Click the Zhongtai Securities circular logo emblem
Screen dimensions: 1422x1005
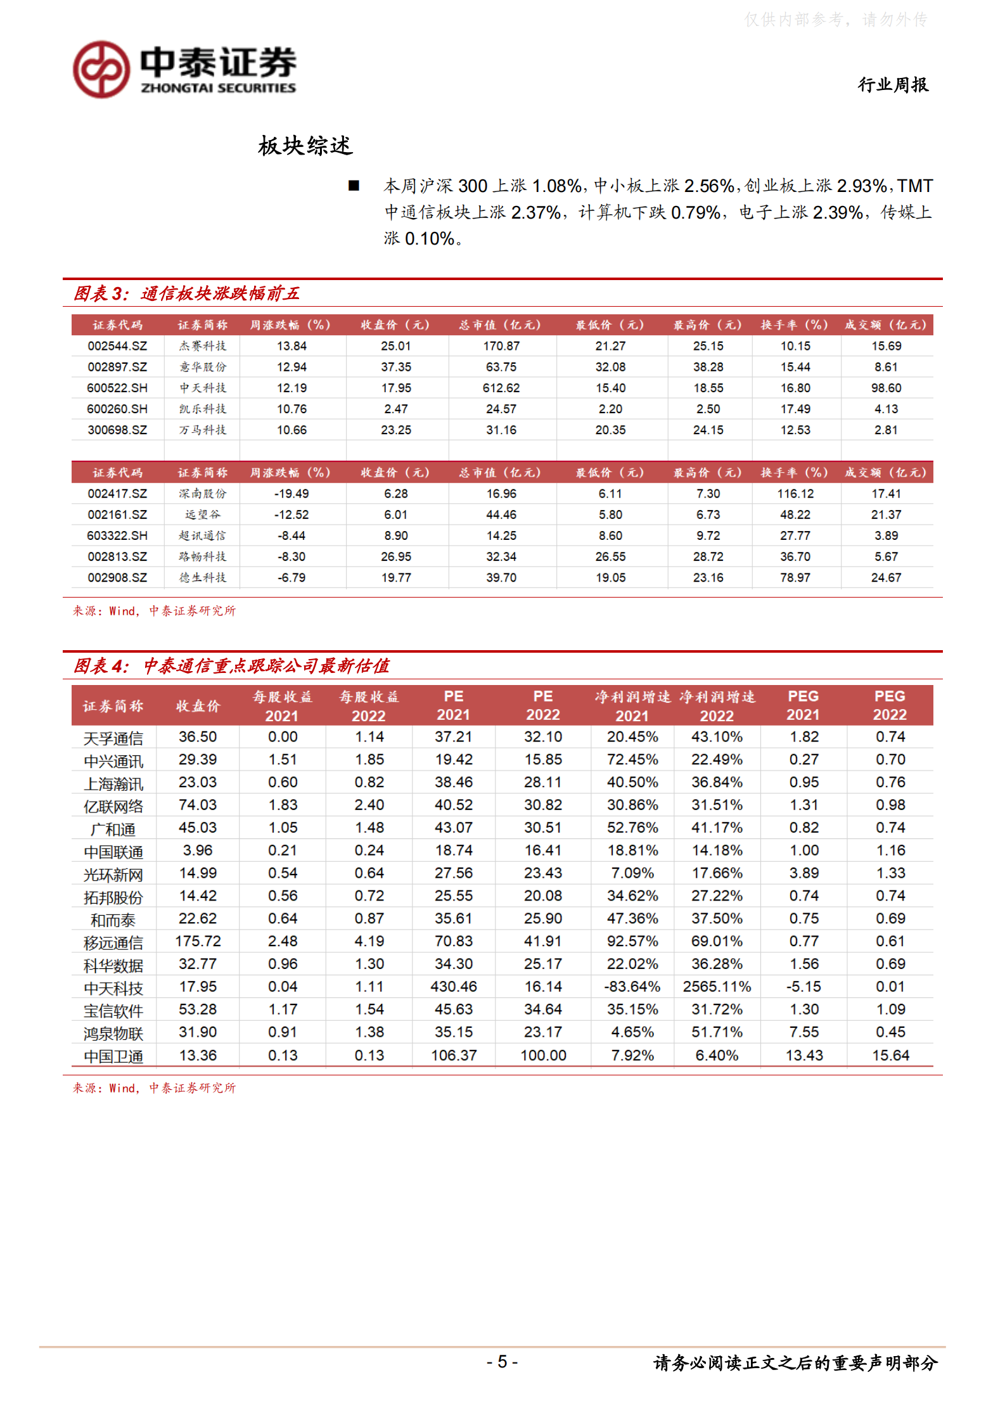point(101,70)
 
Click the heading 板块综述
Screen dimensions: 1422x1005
point(305,146)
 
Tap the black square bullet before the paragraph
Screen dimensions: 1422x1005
point(354,186)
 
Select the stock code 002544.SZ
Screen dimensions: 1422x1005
point(117,346)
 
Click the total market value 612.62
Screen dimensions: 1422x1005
point(501,388)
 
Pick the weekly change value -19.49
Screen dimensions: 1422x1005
point(291,494)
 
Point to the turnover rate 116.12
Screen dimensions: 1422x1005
point(795,494)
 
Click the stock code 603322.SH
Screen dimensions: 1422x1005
point(117,535)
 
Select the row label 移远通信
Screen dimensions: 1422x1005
point(113,943)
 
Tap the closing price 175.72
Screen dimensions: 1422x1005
point(198,941)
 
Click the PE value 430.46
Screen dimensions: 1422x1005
point(454,987)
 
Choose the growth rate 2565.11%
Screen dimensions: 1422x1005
point(717,987)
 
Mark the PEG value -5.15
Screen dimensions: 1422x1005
point(803,987)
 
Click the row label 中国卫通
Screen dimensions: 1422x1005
point(113,1056)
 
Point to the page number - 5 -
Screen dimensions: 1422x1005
point(502,1361)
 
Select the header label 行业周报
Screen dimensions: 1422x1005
point(893,84)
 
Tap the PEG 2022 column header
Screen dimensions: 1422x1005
point(890,705)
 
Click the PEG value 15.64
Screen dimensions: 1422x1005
point(890,1055)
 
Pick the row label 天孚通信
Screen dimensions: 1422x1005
point(113,738)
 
